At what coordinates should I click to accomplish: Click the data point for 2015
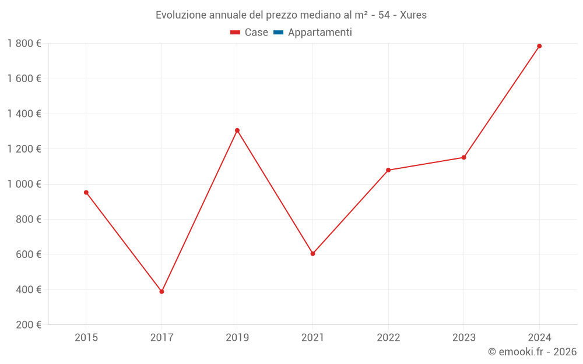[86, 192]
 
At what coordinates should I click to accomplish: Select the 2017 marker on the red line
[161, 291]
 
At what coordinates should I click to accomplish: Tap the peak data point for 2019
[237, 130]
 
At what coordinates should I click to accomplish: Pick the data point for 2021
[312, 253]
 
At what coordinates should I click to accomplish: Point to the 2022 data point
[388, 170]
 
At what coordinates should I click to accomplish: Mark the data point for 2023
[463, 157]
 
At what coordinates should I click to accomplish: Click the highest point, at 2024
[539, 46]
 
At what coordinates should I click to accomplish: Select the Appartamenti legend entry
[319, 33]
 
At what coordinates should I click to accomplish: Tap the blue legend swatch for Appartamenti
[278, 33]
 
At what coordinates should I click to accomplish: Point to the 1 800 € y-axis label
[24, 44]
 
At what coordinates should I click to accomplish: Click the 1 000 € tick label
[24, 184]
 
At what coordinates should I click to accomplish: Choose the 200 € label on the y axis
[27, 325]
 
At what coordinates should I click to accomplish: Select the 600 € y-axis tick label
[27, 255]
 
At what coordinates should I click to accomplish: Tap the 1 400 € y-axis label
[24, 114]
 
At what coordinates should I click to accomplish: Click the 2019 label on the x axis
[237, 338]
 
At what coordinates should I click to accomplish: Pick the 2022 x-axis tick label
[388, 338]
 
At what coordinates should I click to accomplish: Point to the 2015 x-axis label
[86, 338]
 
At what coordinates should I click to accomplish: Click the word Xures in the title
[413, 15]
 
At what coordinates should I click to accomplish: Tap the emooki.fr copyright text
[532, 352]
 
